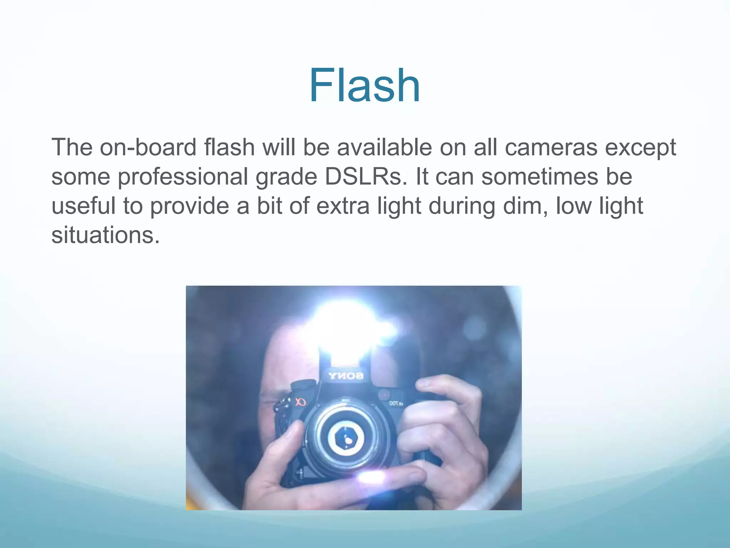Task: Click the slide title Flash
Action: tap(364, 86)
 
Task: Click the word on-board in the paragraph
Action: tap(148, 147)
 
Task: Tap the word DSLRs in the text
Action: tap(365, 177)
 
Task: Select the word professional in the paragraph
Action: tap(182, 177)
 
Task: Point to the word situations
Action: tap(106, 235)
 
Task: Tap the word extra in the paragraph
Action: tap(343, 206)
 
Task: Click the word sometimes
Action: tap(539, 177)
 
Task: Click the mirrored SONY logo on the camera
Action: tap(346, 375)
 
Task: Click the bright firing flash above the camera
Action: tap(348, 328)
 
